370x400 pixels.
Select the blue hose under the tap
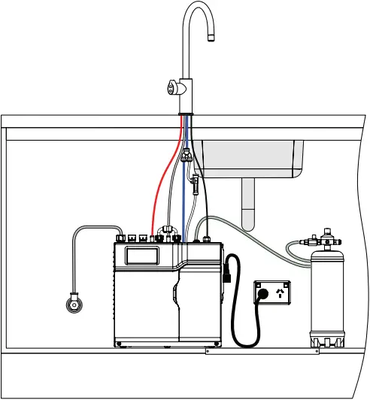pos(185,195)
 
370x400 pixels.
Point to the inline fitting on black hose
pos(194,181)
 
